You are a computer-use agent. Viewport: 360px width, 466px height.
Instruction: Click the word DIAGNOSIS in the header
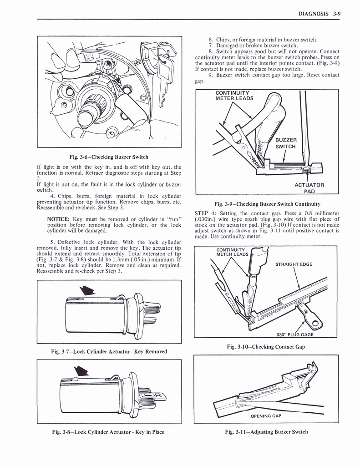tap(314, 14)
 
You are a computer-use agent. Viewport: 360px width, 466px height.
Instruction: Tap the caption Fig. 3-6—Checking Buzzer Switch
tap(109, 157)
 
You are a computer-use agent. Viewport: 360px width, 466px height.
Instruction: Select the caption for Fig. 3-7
tap(109, 351)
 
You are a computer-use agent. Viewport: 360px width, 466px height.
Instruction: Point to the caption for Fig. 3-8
tap(109, 432)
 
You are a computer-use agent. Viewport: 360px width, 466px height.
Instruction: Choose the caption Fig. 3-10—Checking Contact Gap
tap(266, 347)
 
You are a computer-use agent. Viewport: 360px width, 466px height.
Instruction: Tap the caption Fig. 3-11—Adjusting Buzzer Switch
tap(266, 432)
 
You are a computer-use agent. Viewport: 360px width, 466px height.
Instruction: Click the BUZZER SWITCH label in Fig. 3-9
tap(286, 143)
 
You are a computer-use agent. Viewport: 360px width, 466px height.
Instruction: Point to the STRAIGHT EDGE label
tap(294, 264)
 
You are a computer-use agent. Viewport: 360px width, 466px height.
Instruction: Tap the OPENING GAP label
tap(266, 416)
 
